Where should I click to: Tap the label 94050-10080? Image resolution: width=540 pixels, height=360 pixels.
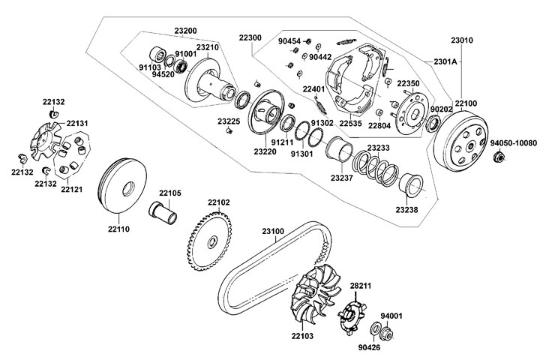point(514,142)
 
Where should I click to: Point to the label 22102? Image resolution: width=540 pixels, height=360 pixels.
point(219,202)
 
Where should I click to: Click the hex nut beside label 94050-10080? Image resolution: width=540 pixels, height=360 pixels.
point(497,157)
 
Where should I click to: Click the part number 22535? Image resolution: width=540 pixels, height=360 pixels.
point(351,123)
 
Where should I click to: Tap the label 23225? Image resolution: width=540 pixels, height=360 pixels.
point(229,121)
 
